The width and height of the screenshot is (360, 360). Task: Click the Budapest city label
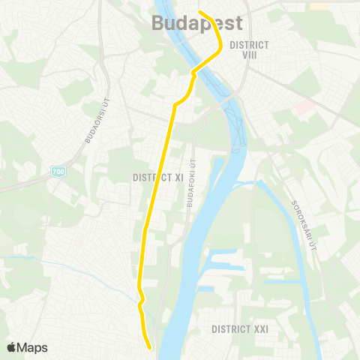tap(197, 22)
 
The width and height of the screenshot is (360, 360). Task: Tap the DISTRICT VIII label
tap(250, 49)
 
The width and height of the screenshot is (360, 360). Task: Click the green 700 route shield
tap(58, 172)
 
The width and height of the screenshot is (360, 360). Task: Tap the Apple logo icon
tap(11, 347)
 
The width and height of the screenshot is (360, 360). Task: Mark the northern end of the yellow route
tap(199, 10)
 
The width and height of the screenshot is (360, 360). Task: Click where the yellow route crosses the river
tap(202, 66)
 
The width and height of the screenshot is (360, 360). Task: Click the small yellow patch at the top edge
tap(319, 5)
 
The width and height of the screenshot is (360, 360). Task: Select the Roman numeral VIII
tap(250, 55)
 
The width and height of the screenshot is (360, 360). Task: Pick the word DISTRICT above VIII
tap(250, 44)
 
